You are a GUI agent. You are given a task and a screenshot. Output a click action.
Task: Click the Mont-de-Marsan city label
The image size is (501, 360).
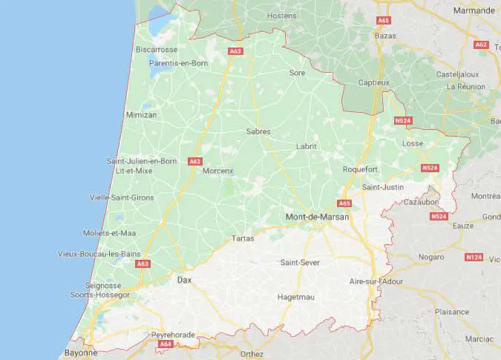(318, 216)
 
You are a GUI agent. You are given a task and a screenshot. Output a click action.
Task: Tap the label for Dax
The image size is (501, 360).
(185, 280)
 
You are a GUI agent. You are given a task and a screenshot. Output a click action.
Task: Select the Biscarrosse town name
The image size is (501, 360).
(157, 50)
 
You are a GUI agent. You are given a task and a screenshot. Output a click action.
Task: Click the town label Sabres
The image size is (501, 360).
(258, 131)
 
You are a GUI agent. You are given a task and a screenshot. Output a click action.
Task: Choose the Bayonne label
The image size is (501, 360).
(81, 353)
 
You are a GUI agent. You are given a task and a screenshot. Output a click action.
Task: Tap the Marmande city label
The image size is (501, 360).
(475, 10)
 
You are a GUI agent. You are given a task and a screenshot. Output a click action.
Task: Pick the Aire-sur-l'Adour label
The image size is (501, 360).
(376, 281)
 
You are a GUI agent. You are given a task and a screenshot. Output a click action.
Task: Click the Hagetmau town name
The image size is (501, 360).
(296, 296)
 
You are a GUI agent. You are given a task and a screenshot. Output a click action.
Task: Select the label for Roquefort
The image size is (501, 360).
(361, 169)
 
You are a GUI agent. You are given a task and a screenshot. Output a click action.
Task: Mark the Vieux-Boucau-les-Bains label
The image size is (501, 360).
(99, 254)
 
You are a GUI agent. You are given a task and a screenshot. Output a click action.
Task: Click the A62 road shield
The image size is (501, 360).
(480, 45)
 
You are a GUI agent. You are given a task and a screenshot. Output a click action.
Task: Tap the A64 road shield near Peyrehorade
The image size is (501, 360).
(166, 344)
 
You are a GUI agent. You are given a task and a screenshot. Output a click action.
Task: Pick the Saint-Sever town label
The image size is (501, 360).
(300, 262)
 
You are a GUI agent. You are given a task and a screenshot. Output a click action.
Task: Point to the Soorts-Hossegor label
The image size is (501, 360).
(97, 295)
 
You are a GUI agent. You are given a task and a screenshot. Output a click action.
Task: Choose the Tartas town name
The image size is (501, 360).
(243, 239)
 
